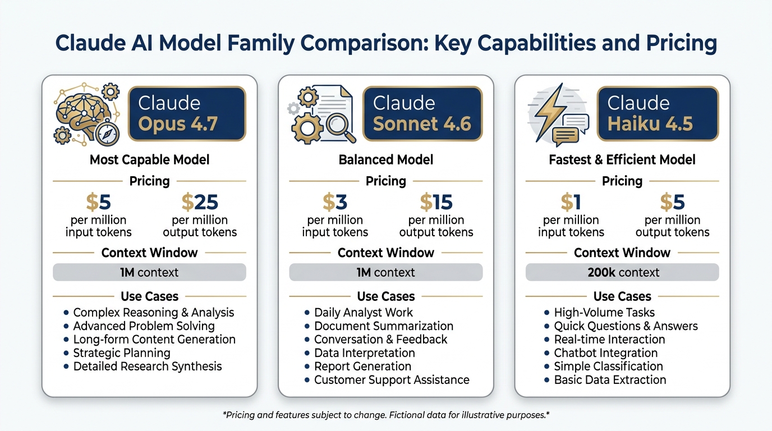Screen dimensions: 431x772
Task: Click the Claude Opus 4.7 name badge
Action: click(187, 113)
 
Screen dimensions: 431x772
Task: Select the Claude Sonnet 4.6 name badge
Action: click(422, 113)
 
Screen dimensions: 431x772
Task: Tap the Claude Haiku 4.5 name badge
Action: click(657, 113)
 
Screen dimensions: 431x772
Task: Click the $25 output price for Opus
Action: click(200, 201)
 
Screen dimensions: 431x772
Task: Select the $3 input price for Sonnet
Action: click(335, 201)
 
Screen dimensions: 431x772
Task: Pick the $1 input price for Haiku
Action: click(571, 201)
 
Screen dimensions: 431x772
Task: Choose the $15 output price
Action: click(436, 201)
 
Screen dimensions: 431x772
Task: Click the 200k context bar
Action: click(622, 273)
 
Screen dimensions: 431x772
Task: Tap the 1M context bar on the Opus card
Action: click(149, 273)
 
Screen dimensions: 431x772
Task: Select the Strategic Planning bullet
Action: click(122, 353)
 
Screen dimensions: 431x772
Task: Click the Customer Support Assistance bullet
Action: click(391, 380)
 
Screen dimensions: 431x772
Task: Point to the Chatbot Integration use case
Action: click(605, 353)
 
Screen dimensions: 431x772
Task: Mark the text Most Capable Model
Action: click(149, 160)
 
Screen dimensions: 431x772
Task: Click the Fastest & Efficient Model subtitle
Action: click(622, 160)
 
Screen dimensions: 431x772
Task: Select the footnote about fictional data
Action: click(386, 416)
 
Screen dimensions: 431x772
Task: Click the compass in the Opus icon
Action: click(107, 134)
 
